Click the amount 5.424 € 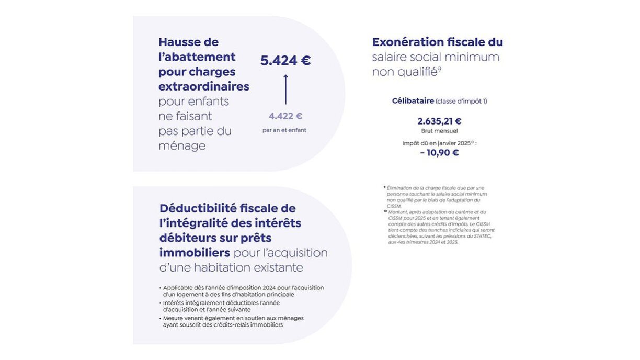pyautogui.click(x=285, y=61)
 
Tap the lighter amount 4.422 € pyautogui.click(x=285, y=116)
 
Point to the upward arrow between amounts pyautogui.click(x=285, y=89)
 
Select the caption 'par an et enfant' pyautogui.click(x=284, y=130)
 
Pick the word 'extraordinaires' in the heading pyautogui.click(x=204, y=86)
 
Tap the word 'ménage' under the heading pyautogui.click(x=182, y=145)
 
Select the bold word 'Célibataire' pyautogui.click(x=413, y=101)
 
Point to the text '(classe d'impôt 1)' pyautogui.click(x=461, y=102)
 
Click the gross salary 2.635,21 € pyautogui.click(x=439, y=121)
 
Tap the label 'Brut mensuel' pyautogui.click(x=439, y=131)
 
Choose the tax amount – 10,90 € pyautogui.click(x=439, y=153)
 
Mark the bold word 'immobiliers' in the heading pyautogui.click(x=195, y=253)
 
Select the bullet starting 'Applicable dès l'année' pyautogui.click(x=243, y=291)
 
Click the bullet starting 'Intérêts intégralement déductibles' pyautogui.click(x=221, y=306)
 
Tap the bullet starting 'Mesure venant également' pyautogui.click(x=233, y=321)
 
